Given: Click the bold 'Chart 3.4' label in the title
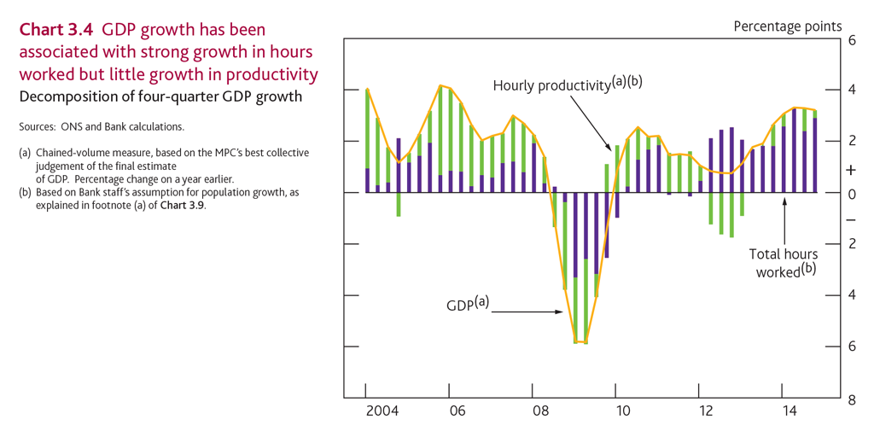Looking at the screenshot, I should pos(55,30).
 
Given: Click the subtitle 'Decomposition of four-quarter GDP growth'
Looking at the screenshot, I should pos(160,96).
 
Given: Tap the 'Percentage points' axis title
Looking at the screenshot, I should pos(787,26).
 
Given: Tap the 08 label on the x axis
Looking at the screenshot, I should pos(540,411).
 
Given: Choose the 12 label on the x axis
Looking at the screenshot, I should pos(708,411).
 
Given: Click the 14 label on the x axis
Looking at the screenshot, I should pos(790,411).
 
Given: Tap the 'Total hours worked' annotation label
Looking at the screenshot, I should pos(784,262).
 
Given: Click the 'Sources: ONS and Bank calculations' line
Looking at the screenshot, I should pos(101,127).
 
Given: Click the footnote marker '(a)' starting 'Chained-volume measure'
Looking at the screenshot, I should pos(25,153).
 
